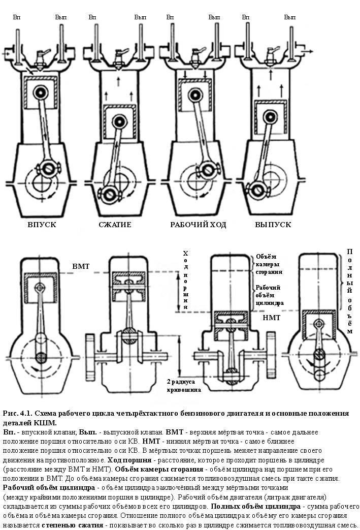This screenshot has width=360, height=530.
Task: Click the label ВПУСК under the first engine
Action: point(42,225)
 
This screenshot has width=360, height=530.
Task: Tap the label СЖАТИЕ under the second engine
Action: point(115,225)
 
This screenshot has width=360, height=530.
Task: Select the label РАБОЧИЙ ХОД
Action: point(198,225)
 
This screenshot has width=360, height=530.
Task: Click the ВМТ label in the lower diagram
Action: point(81,266)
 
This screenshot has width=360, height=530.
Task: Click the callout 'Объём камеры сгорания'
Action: point(269,264)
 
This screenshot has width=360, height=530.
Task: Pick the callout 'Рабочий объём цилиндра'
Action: point(269,295)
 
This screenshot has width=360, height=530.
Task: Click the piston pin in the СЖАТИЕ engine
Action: point(120,122)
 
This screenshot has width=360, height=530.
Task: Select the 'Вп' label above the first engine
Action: point(16,17)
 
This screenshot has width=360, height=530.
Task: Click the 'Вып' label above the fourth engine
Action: point(290,17)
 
